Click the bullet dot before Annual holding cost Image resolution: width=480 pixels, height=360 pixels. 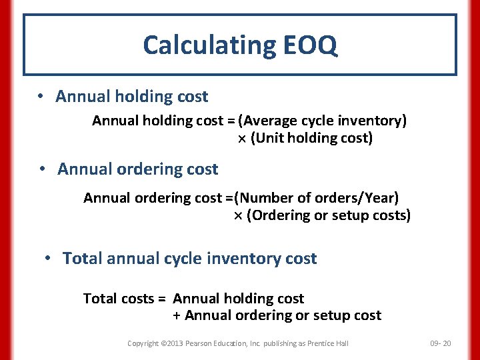coord(41,96)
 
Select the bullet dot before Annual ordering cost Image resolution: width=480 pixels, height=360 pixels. coord(43,169)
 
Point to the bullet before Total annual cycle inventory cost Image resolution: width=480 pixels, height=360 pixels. coord(48,258)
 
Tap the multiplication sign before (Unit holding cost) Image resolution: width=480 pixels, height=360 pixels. coord(243,139)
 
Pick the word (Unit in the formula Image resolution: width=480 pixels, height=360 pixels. coord(266,138)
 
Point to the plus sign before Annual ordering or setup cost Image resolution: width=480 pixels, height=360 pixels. coord(177,315)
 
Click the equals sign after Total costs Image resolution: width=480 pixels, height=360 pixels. coord(162,299)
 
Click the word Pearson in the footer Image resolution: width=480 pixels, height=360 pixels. coord(201,343)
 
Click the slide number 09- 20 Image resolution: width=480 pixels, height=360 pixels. coord(441,343)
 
